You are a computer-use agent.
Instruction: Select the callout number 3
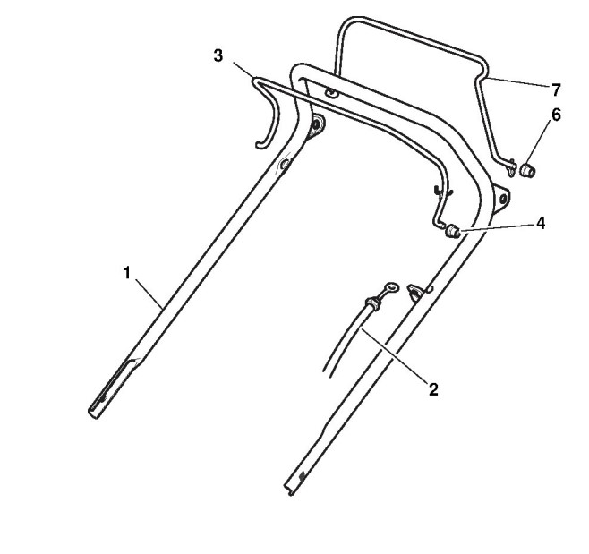(x=218, y=55)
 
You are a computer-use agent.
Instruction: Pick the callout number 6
(x=556, y=115)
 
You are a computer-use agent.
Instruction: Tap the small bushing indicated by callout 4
(x=453, y=232)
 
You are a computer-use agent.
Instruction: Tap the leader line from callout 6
(x=541, y=142)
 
